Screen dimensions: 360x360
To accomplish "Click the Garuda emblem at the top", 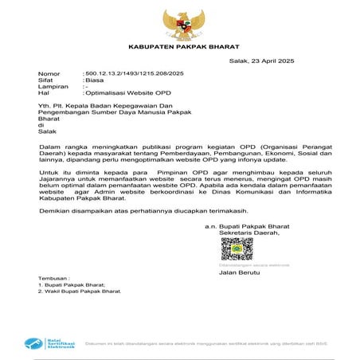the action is pyautogui.click(x=179, y=25).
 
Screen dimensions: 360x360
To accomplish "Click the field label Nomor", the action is pyautogui.click(x=49, y=73).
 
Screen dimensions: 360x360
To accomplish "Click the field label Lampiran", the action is pyautogui.click(x=52, y=86).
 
